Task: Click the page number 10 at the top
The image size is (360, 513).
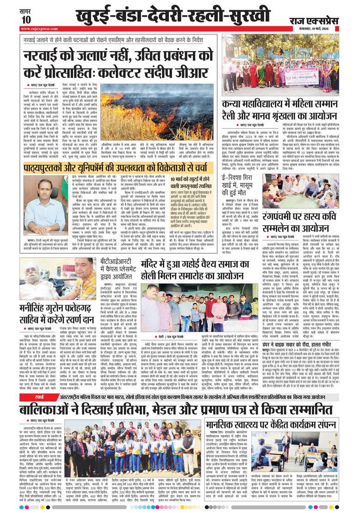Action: pos(25,19)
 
